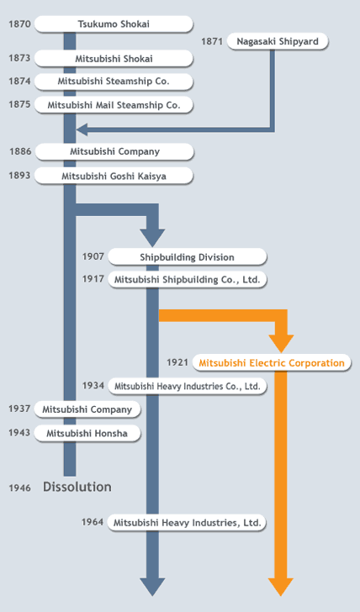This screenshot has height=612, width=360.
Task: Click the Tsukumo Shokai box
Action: pos(114,24)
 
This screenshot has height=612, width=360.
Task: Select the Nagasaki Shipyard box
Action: pos(278,41)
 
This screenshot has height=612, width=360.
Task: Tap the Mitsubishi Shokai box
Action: pos(114,59)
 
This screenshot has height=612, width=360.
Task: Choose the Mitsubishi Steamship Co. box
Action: pos(114,82)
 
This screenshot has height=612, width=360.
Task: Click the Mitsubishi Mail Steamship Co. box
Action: pos(114,105)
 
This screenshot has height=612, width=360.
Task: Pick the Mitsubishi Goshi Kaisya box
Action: pos(114,176)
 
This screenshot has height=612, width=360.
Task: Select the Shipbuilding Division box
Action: pos(188,257)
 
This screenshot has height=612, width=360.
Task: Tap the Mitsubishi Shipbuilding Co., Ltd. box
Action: pos(188,279)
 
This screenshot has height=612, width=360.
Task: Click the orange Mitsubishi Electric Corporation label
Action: pos(272,363)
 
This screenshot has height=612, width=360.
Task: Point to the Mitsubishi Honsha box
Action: pos(87,433)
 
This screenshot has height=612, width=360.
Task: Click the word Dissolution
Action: pos(77,487)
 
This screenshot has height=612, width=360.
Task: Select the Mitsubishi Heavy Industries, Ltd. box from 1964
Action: pos(187,523)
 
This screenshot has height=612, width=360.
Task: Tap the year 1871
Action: pos(212,41)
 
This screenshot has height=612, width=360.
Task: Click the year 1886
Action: pos(20,151)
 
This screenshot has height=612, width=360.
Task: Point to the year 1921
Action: pos(177,362)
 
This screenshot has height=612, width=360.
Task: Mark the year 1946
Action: pos(19,488)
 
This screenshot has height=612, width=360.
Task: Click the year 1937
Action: pos(19,409)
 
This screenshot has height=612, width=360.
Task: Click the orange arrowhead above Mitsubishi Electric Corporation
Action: pos(281,344)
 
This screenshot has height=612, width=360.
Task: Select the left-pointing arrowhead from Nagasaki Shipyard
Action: pos(82,129)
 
